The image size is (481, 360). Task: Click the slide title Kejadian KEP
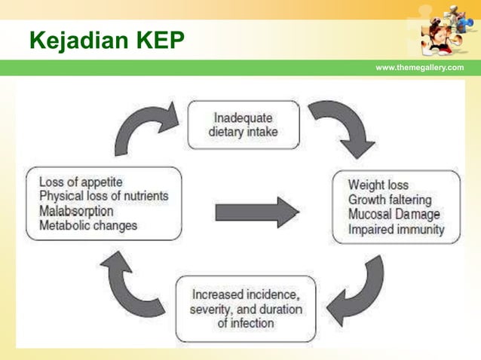coord(106,40)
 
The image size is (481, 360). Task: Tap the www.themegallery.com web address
coord(419,68)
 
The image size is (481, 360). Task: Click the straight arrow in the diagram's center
coord(257,212)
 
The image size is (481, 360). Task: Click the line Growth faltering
coord(389,200)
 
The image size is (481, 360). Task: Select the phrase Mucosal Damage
coord(394,215)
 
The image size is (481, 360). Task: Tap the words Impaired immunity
coord(396,230)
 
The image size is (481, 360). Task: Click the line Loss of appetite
coord(81,182)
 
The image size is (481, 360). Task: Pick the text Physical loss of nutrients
coord(103,196)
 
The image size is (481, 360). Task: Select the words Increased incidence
coord(246,294)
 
